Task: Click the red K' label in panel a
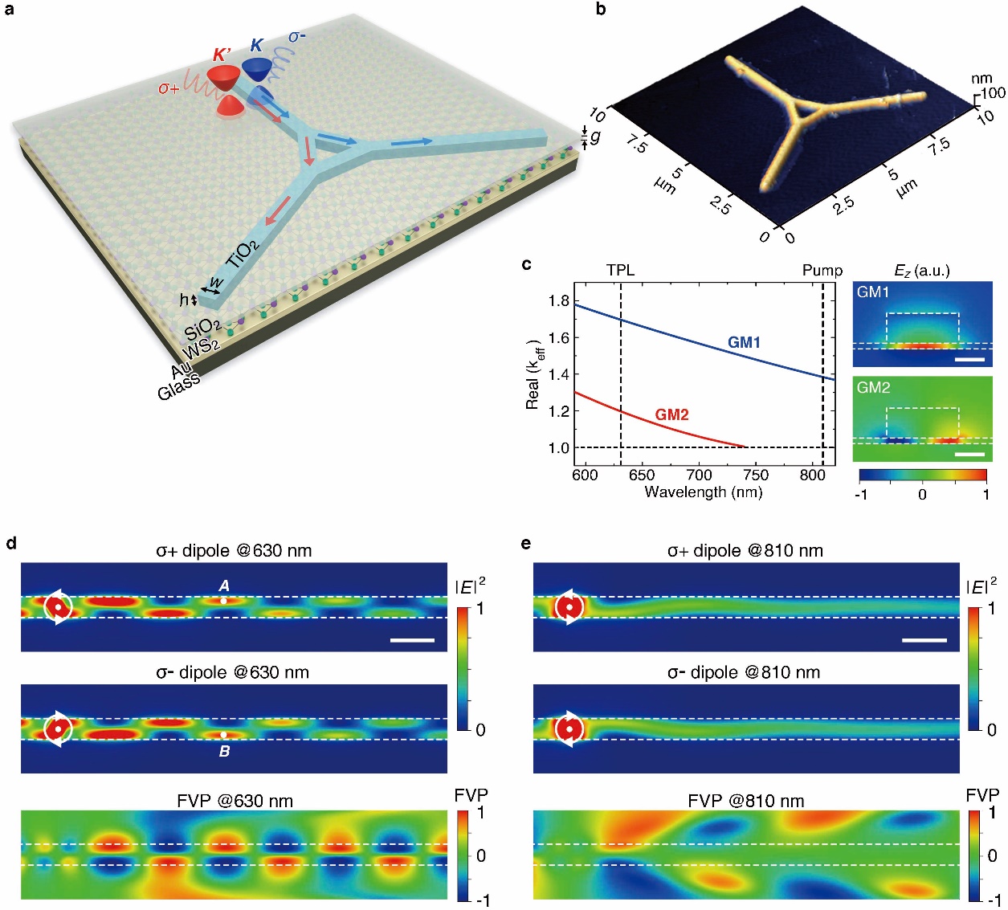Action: (222, 55)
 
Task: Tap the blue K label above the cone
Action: (256, 46)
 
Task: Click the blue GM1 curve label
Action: (744, 343)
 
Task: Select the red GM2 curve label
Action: (671, 415)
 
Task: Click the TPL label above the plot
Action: (620, 270)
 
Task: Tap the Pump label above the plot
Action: (822, 270)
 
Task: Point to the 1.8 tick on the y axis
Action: (559, 301)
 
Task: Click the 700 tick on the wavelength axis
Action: (699, 475)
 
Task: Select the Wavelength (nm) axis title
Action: (703, 492)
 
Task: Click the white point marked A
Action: (224, 600)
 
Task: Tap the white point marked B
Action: (224, 735)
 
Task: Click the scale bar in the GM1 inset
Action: (970, 359)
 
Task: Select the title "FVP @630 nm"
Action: (235, 801)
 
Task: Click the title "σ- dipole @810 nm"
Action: (744, 672)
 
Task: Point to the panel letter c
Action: (526, 263)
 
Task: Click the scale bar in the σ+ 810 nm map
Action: (924, 640)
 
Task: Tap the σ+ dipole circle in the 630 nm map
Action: (58, 608)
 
